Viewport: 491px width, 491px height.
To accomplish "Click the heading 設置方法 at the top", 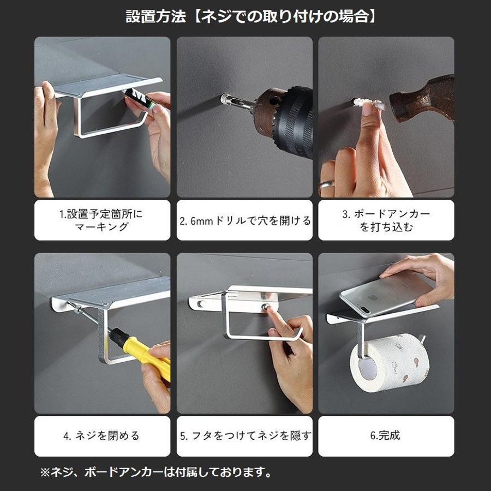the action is click(155, 16).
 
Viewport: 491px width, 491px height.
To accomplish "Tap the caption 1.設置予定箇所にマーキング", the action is click(101, 220).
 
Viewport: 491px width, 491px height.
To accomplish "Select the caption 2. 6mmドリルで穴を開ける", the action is click(245, 221).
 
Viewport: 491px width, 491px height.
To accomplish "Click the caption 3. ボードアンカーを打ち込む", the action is click(386, 220).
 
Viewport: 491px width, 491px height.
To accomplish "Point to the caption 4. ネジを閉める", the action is click(101, 435).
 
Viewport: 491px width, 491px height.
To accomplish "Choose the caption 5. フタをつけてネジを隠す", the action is click(245, 435).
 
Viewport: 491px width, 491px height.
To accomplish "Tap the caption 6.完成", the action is click(385, 435).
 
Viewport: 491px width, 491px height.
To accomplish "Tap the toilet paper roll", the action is click(390, 363).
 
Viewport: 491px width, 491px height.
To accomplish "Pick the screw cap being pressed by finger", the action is click(266, 306).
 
